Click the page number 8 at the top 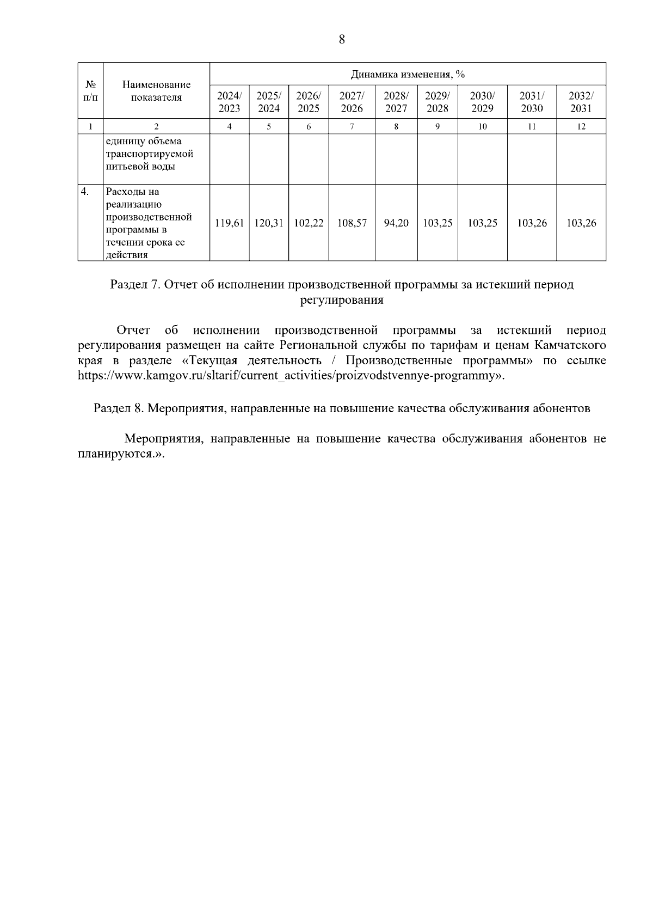click(x=342, y=39)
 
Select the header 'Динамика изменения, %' click(x=408, y=74)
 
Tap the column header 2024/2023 click(x=229, y=102)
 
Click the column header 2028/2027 click(x=396, y=102)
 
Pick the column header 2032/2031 click(x=581, y=102)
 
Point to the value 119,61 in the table click(x=229, y=223)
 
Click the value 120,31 click(x=269, y=223)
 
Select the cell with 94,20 click(x=396, y=223)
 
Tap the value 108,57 click(x=352, y=223)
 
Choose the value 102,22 click(x=309, y=223)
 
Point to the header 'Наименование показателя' click(x=156, y=91)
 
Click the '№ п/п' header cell click(x=90, y=91)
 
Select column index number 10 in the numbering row click(x=482, y=127)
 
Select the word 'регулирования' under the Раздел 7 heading click(x=342, y=300)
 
